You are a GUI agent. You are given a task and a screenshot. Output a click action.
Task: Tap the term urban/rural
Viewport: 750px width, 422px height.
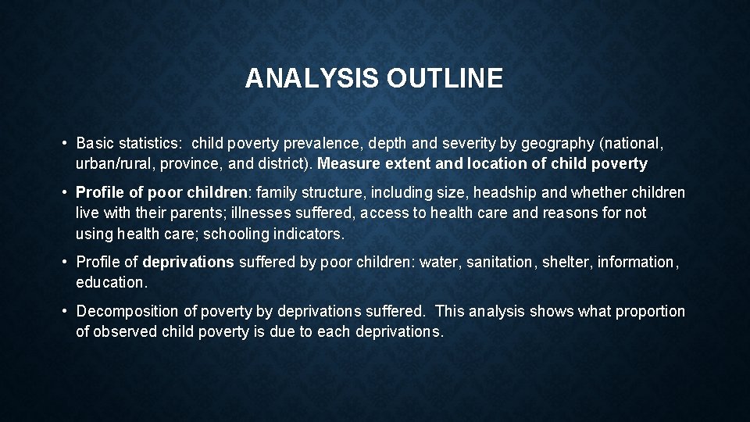coord(116,163)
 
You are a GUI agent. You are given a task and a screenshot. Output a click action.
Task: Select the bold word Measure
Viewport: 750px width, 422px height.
coord(350,163)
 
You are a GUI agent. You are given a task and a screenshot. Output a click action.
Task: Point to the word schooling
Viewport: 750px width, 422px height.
coord(235,233)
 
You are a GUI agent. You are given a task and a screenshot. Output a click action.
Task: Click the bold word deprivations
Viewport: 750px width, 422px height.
coord(188,262)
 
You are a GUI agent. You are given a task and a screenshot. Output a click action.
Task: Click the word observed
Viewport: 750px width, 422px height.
coord(125,331)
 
